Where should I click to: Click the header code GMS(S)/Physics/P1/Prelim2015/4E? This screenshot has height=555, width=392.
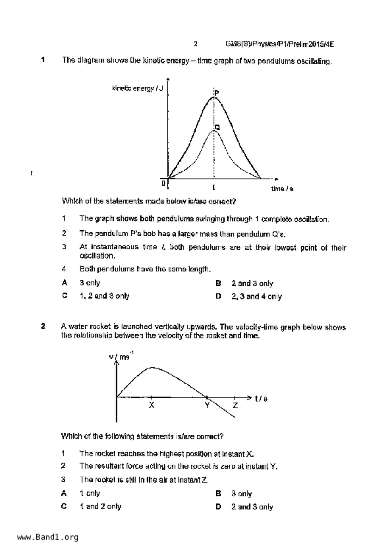tap(279, 44)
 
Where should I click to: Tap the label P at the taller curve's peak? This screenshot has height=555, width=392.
tap(217, 93)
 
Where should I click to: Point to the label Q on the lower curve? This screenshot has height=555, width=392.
tap(217, 127)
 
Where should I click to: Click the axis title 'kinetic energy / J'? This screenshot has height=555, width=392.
tap(137, 89)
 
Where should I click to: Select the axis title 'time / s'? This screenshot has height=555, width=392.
tap(282, 189)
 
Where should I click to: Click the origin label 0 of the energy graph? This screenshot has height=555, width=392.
tap(164, 183)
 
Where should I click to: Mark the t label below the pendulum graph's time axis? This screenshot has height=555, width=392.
tap(214, 188)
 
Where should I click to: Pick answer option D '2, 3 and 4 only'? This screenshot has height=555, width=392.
tap(218, 296)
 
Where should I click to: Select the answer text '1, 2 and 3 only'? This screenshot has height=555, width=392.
tap(104, 296)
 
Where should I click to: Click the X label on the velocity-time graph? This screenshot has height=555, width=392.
tap(152, 405)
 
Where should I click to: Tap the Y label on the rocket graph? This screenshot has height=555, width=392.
tap(207, 405)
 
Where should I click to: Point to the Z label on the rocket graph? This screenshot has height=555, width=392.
tap(235, 405)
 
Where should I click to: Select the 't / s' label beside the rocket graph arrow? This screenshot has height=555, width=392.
tap(261, 399)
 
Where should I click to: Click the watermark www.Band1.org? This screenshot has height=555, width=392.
tap(48, 537)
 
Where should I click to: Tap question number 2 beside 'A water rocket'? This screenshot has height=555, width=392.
tap(43, 326)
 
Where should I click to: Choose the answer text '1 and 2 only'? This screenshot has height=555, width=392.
tap(100, 507)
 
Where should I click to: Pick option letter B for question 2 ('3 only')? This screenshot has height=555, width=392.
tap(218, 494)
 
